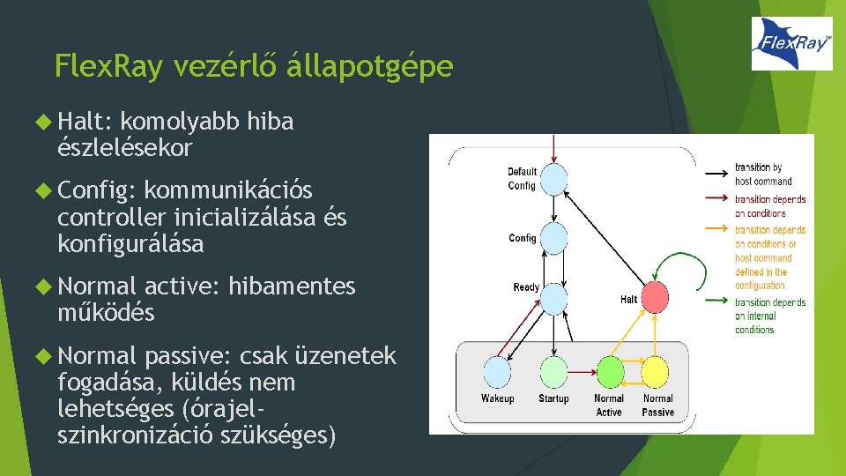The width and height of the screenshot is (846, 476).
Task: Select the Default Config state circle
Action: (553, 180)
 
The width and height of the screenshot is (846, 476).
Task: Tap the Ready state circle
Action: (553, 298)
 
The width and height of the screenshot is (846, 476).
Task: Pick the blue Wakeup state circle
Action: (497, 370)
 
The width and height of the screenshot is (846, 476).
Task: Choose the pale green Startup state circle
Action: (553, 370)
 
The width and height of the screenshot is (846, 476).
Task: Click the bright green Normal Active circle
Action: (610, 370)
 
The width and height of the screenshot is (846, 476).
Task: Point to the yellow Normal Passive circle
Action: (657, 370)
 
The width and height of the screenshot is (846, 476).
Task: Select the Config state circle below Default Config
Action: (553, 237)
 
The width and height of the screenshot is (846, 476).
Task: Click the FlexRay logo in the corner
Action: (791, 43)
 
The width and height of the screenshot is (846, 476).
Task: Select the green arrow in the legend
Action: (715, 301)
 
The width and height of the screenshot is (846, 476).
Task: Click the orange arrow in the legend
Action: (715, 230)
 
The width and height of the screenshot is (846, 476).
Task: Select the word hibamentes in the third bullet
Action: (292, 286)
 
